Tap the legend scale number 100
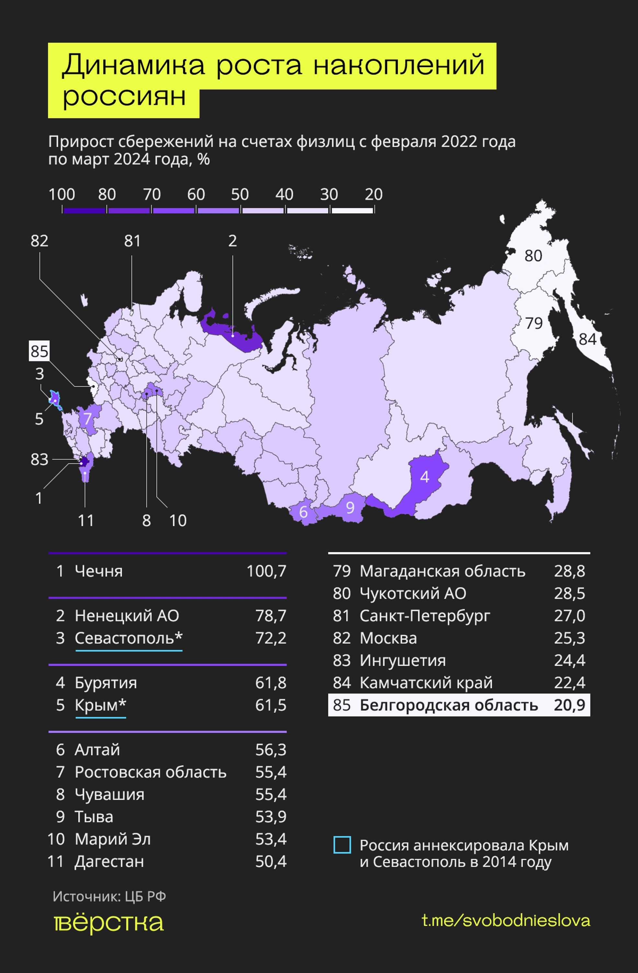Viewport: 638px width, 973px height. point(62,195)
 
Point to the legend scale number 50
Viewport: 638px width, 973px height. point(240,195)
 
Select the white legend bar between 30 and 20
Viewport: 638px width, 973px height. point(352,211)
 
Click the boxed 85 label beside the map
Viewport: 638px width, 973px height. point(39,351)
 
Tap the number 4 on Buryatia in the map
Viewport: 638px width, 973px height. point(425,477)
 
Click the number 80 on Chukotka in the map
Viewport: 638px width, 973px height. point(533,256)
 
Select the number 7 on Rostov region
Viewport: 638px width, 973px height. point(87,418)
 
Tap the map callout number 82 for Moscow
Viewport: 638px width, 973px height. point(39,241)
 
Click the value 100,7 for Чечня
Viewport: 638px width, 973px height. point(266,571)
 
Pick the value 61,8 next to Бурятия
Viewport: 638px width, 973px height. point(270,683)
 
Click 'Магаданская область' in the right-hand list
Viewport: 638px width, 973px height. point(442,571)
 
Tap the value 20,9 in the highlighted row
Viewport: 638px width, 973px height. point(569,705)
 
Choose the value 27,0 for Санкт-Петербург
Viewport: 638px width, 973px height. point(569,616)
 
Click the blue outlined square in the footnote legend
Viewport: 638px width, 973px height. point(342,845)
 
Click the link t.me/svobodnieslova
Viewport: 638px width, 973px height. point(506,921)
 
